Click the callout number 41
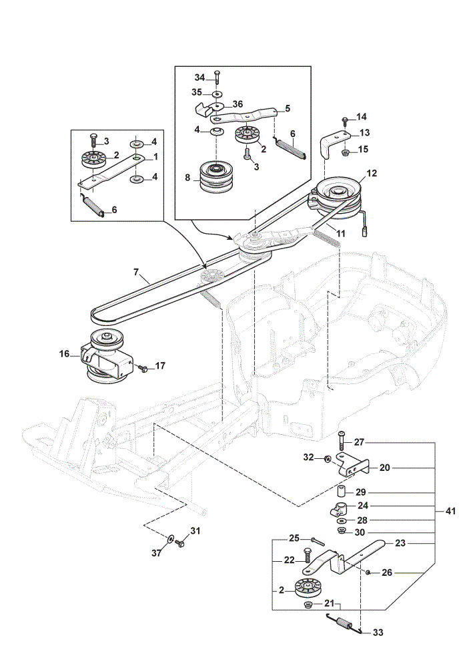coord(450,511)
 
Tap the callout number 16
coord(64,353)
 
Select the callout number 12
coord(372,174)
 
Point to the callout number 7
coord(136,271)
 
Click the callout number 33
coord(378,633)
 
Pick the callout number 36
coord(238,104)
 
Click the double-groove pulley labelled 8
coord(215,177)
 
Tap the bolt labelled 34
coord(217,79)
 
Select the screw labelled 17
coord(143,368)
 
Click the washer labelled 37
coord(171,539)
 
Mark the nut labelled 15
coord(346,152)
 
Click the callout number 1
coord(155,157)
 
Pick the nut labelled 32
coord(328,459)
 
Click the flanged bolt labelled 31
coord(180,542)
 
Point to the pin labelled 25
coord(318,541)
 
